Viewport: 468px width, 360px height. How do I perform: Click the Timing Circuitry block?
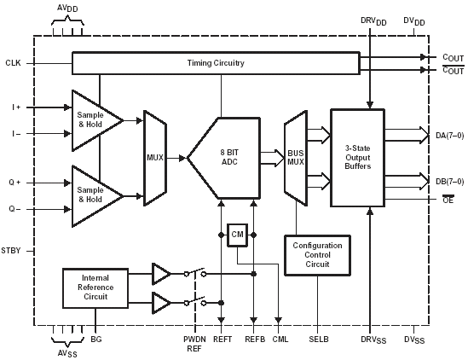click(x=216, y=63)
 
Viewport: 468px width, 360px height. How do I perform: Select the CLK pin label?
click(x=13, y=63)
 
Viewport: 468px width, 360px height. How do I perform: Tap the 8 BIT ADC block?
click(x=224, y=158)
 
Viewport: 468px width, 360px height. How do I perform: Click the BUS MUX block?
click(x=296, y=158)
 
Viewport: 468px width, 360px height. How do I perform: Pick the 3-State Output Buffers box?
click(x=357, y=158)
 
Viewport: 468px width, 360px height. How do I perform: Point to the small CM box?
click(x=237, y=235)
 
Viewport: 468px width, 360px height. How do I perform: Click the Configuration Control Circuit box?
click(x=317, y=255)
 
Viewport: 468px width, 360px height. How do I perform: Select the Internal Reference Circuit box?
click(x=95, y=287)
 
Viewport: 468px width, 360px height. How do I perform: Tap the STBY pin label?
click(x=11, y=251)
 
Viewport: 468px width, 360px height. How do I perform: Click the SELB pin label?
click(x=319, y=340)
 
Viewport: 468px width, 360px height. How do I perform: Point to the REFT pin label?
click(x=222, y=340)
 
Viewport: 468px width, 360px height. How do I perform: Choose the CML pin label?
click(x=280, y=340)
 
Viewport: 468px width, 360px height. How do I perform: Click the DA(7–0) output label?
click(x=450, y=136)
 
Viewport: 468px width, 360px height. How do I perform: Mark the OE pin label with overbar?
click(x=448, y=200)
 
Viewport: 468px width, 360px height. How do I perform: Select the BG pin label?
click(x=96, y=340)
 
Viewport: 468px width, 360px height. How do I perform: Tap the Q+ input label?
click(x=14, y=183)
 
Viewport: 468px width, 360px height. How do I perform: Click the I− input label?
click(x=16, y=134)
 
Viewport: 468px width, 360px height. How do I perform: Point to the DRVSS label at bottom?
click(x=373, y=340)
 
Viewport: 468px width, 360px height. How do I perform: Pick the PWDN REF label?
click(x=194, y=344)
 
